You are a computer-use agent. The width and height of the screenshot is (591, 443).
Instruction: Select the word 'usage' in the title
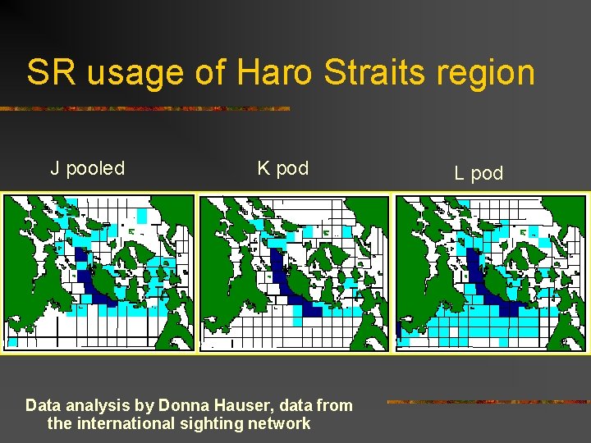[135, 74]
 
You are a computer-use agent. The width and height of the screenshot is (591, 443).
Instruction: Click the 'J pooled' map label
[87, 169]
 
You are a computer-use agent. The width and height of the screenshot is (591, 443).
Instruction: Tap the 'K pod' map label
[282, 169]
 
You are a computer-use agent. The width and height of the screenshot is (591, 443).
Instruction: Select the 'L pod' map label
[478, 174]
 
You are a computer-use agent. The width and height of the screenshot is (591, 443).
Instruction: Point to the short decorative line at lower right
[488, 402]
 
